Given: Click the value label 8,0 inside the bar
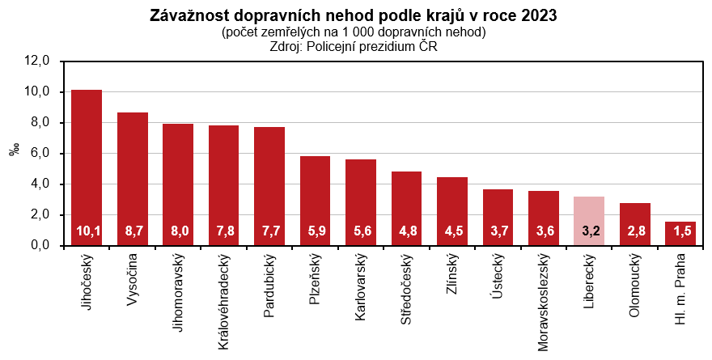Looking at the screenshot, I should [x=178, y=231].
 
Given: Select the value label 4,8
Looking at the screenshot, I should [x=406, y=231].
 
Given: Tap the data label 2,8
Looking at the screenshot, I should [x=635, y=231].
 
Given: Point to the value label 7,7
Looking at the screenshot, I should [x=269, y=231].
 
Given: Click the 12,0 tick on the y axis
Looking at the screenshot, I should [x=38, y=61].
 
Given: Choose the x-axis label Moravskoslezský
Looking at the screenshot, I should [x=544, y=304].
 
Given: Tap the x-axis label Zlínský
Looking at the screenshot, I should [x=452, y=280].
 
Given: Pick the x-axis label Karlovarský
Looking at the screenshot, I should [x=361, y=287].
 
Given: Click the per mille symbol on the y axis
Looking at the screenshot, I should [x=14, y=152].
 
